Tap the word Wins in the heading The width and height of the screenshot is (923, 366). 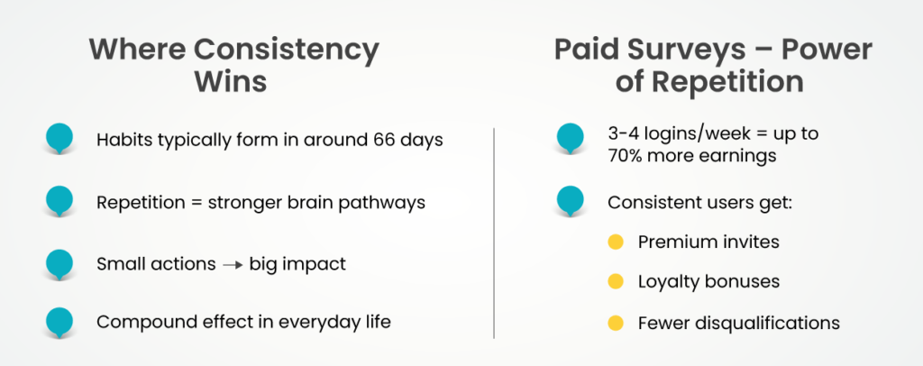(231, 82)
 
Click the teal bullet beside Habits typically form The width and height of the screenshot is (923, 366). (59, 139)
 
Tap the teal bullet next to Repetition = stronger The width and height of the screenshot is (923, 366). (59, 200)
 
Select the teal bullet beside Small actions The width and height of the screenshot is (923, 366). (59, 261)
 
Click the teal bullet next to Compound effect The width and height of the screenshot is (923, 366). (59, 321)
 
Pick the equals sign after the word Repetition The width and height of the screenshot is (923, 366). (200, 203)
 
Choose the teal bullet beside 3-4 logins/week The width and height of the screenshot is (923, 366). (571, 137)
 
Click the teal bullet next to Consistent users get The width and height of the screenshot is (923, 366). (571, 199)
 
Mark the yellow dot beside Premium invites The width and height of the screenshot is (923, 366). (616, 242)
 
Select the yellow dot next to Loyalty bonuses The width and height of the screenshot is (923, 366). (616, 282)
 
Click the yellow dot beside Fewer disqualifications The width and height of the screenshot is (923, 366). (616, 323)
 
